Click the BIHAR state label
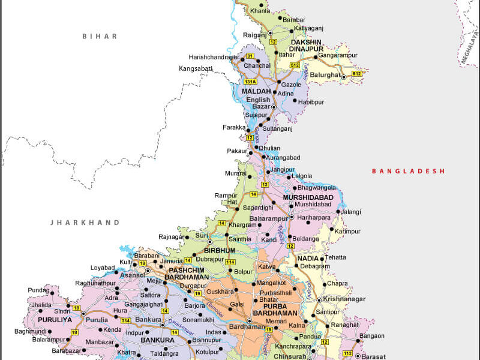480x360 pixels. point(100,36)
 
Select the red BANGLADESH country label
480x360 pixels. point(408,171)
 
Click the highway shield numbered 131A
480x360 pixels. point(250,81)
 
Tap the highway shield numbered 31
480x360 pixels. point(250,56)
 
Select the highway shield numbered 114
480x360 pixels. point(230,262)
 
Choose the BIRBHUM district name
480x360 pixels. point(220,250)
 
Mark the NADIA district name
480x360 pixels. point(308,259)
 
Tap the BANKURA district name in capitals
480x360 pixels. point(157,340)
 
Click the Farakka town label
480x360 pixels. point(234,127)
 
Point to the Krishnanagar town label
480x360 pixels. point(344,298)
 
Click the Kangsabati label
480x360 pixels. point(196,68)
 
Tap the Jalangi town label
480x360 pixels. point(352,212)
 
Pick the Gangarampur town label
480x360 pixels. point(338,55)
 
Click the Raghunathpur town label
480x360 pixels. point(95,283)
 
